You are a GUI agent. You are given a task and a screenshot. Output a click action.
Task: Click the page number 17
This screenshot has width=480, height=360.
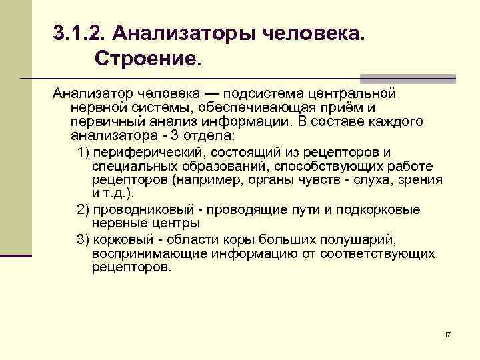click(447, 333)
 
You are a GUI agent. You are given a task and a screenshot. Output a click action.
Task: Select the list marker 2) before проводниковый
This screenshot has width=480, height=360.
click(83, 209)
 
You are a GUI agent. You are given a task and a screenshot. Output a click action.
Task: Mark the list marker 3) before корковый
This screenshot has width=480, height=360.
click(83, 239)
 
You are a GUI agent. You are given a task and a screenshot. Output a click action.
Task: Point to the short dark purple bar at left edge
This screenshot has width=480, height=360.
click(16, 255)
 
